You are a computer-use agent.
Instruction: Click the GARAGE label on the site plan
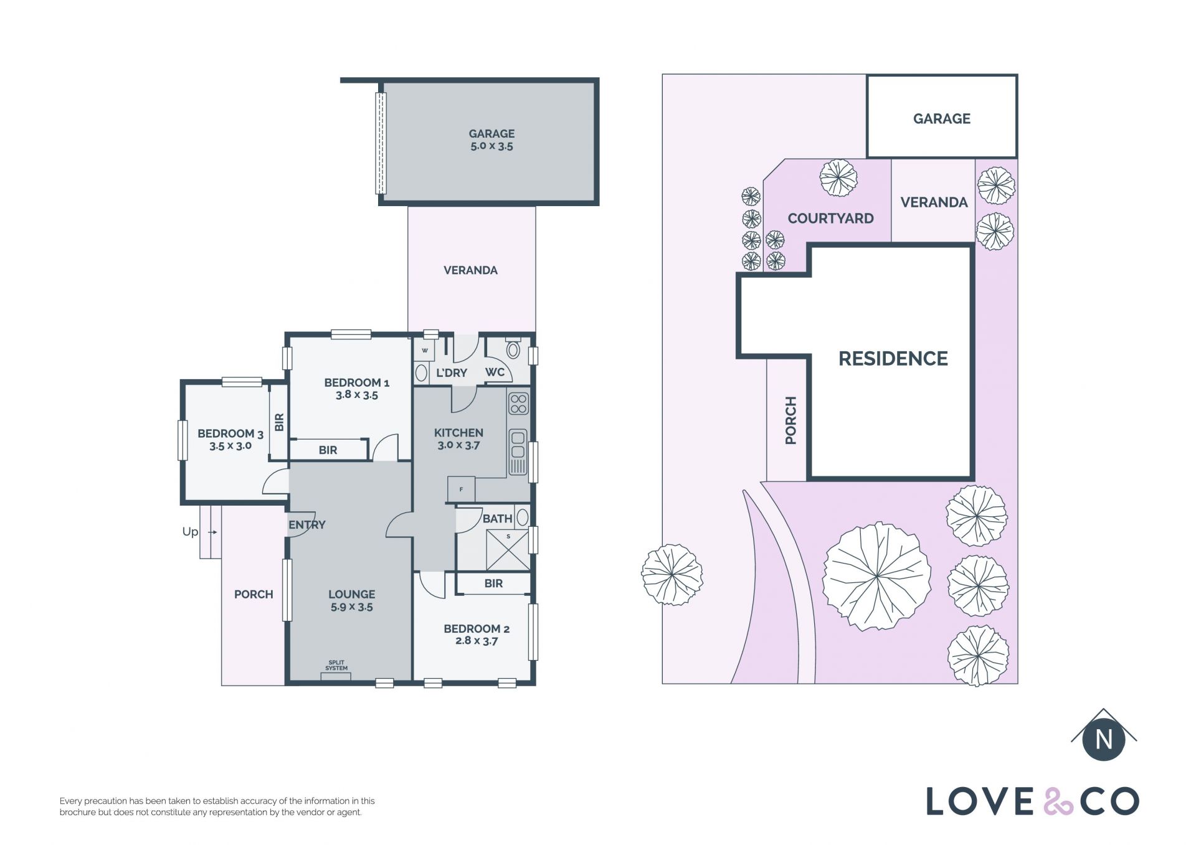(x=941, y=118)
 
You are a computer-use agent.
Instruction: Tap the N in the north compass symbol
(x=1104, y=739)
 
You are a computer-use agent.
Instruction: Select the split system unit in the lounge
(x=336, y=676)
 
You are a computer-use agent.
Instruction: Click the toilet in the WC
(x=513, y=349)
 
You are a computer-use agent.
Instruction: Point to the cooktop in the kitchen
(x=518, y=404)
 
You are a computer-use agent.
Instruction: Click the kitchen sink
(x=518, y=452)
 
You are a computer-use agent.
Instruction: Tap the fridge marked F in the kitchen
(x=461, y=489)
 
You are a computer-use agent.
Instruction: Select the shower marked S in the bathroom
(x=508, y=549)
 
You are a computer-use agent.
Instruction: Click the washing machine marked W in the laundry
(x=425, y=351)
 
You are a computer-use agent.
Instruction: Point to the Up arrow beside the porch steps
(x=212, y=532)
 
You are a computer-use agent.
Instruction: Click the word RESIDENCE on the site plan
(x=893, y=359)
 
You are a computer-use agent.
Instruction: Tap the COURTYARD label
(x=830, y=219)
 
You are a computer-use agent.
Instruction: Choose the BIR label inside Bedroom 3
(x=279, y=422)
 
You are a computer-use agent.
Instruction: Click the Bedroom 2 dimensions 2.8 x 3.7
(x=477, y=641)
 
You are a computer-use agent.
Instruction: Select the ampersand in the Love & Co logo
(x=1058, y=801)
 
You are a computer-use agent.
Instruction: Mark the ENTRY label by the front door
(x=306, y=525)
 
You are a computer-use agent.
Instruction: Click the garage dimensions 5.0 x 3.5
(x=491, y=146)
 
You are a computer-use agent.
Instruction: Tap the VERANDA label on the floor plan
(x=470, y=270)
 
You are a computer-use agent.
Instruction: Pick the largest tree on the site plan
(x=876, y=577)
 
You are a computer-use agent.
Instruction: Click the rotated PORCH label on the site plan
(x=790, y=420)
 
